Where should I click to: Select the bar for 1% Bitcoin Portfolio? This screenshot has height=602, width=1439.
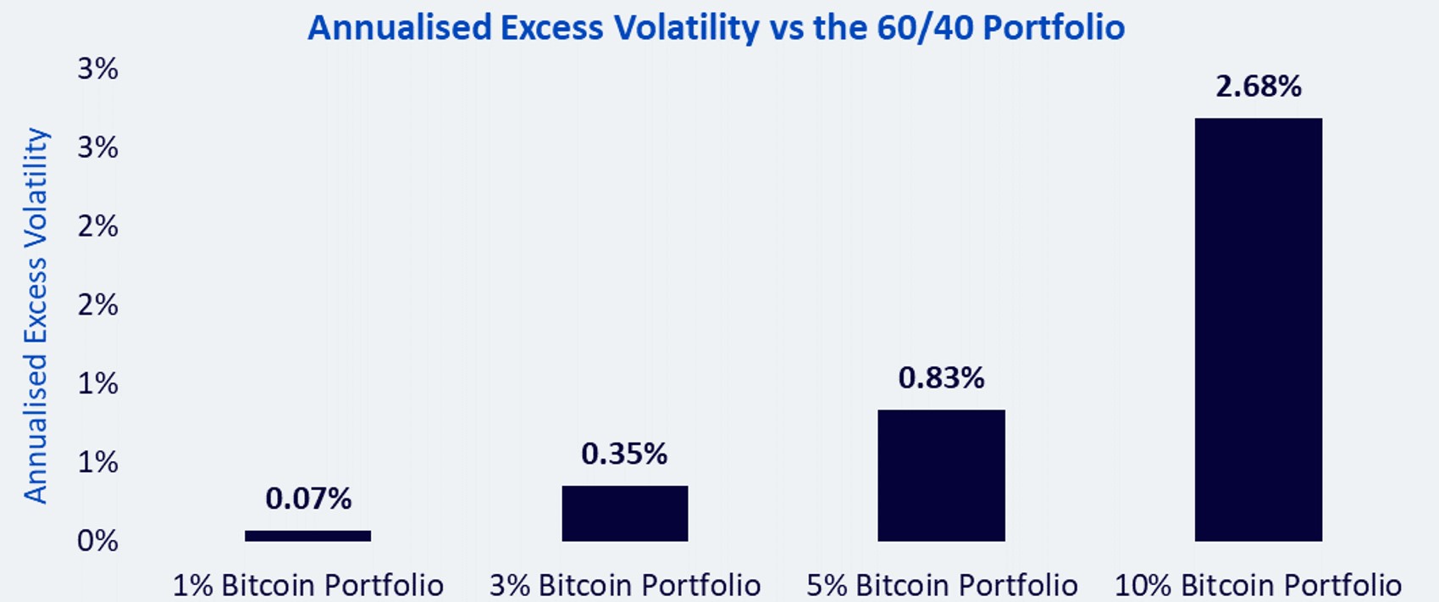[307, 536]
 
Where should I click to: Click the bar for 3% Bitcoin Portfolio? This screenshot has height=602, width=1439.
[625, 513]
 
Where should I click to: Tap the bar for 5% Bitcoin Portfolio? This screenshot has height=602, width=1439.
[941, 476]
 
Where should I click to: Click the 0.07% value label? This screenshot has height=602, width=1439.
[308, 499]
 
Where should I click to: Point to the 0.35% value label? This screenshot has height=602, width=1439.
[624, 454]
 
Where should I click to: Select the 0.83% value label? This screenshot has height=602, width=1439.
[941, 378]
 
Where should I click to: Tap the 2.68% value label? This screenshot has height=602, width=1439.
[1259, 86]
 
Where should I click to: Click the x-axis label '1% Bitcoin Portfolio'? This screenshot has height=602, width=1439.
[308, 585]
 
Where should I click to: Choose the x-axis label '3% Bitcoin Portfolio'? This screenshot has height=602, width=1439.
[625, 585]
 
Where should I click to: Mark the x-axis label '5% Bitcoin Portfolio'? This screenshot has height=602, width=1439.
[942, 585]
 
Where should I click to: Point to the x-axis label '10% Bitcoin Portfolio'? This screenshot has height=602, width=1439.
[1258, 585]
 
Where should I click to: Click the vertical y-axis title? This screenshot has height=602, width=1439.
[36, 315]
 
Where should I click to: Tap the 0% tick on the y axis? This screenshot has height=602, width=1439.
[97, 541]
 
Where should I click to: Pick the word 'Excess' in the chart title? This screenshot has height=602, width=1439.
[552, 28]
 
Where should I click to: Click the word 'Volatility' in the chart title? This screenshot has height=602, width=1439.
[687, 28]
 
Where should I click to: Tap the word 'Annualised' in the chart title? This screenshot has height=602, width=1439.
[400, 28]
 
